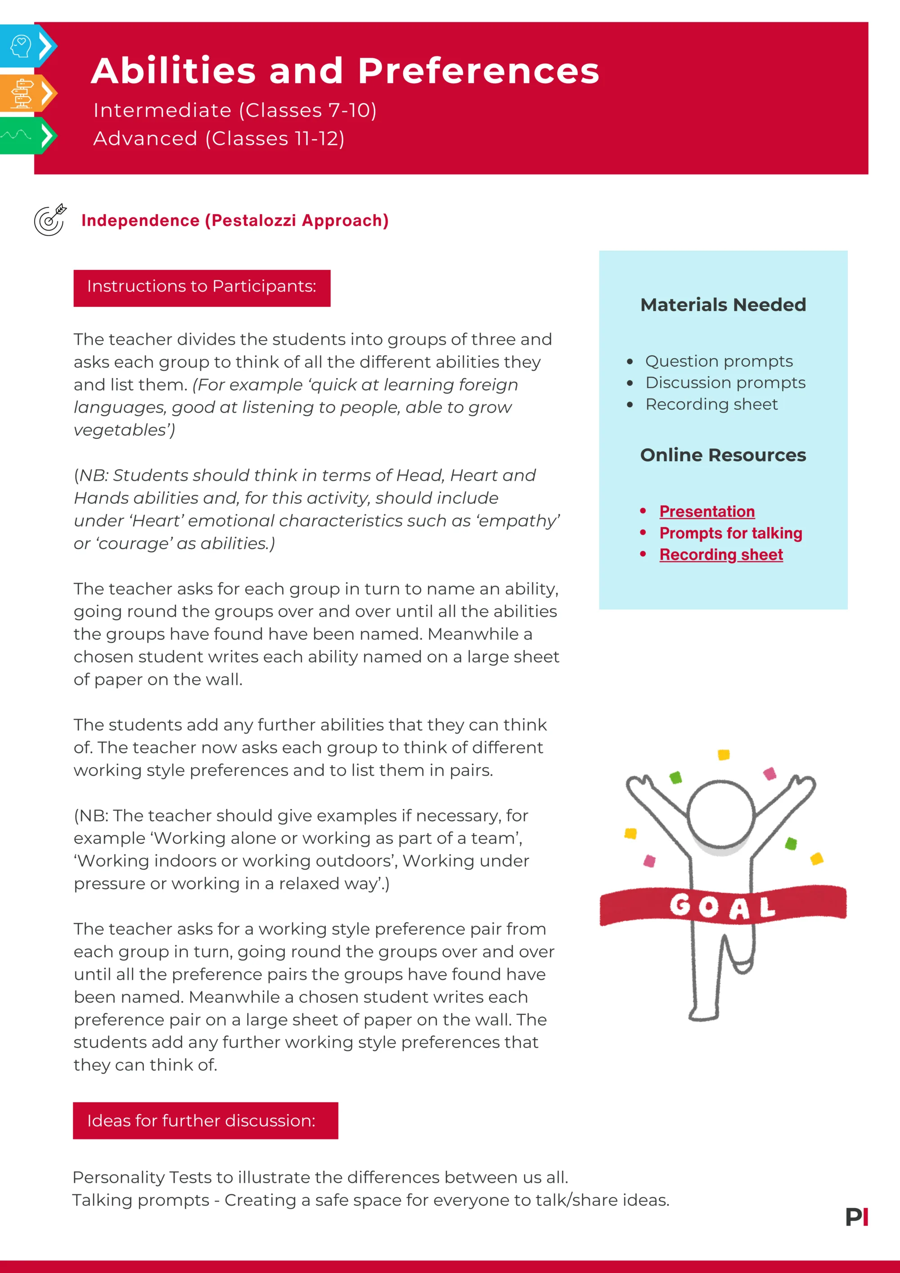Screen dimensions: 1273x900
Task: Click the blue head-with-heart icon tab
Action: click(x=22, y=46)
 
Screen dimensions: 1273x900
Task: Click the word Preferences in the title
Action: click(x=478, y=72)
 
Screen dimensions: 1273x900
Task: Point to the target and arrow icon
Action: click(x=50, y=220)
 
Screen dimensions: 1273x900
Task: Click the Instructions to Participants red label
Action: click(x=202, y=287)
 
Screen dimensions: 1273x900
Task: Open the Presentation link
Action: click(x=706, y=511)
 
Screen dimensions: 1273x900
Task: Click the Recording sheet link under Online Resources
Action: click(x=720, y=554)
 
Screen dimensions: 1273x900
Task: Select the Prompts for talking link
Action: click(x=730, y=533)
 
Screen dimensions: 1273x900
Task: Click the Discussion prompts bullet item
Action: click(x=725, y=382)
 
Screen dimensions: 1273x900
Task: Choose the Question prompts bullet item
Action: click(x=719, y=361)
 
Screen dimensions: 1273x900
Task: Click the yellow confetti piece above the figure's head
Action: click(x=723, y=755)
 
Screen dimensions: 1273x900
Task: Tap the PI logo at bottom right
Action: click(x=856, y=1217)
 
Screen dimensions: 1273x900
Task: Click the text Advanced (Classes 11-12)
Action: click(x=219, y=139)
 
